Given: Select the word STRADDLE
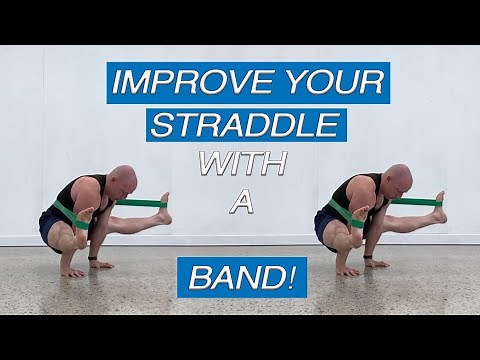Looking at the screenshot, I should pos(247,125).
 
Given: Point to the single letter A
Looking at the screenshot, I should pos(240,204).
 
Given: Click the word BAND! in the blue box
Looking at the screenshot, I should pos(237,277).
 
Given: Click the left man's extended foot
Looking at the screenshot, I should pos(164,207).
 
